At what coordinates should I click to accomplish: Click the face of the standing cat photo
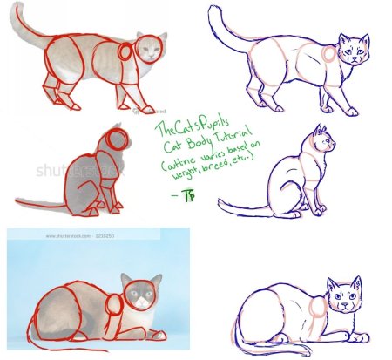pos(151,50)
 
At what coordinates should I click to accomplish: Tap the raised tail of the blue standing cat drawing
pos(221,26)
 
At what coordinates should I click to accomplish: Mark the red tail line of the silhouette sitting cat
pos(44,206)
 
